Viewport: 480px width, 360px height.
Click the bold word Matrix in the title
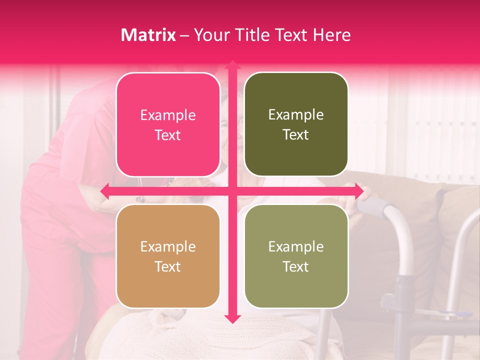pyautogui.click(x=148, y=35)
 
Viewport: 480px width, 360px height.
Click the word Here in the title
pyautogui.click(x=332, y=35)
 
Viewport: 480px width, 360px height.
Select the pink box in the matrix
pyautogui.click(x=168, y=125)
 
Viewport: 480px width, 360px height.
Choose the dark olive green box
pyautogui.click(x=296, y=125)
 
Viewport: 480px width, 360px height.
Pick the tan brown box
pyautogui.click(x=168, y=256)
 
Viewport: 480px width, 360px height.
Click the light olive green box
pyautogui.click(x=296, y=256)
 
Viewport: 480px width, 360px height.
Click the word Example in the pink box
pyautogui.click(x=168, y=115)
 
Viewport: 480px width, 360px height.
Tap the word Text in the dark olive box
pyautogui.click(x=296, y=135)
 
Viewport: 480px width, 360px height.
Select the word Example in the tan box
pyautogui.click(x=168, y=246)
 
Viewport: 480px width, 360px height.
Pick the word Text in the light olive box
pyautogui.click(x=296, y=266)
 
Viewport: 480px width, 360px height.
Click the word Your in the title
pyautogui.click(x=210, y=35)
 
